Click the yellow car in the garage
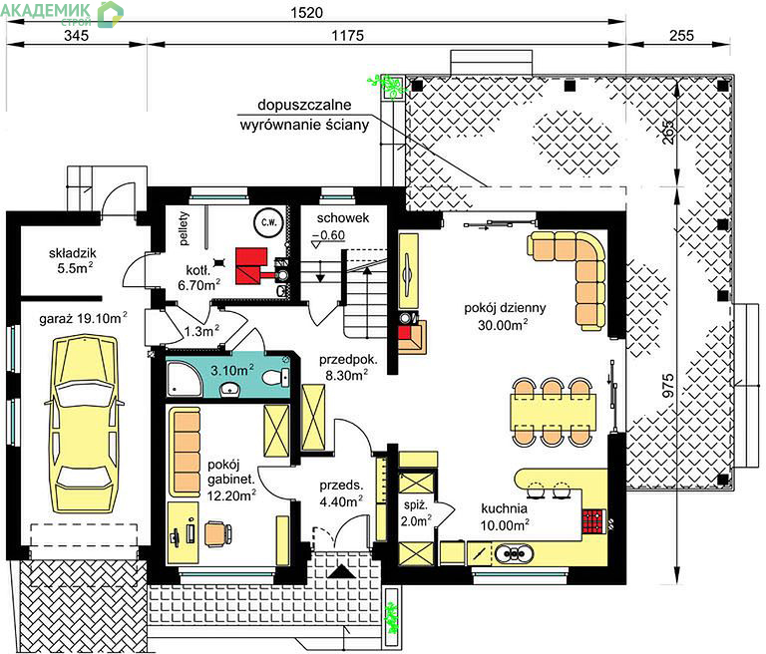pyautogui.click(x=86, y=424)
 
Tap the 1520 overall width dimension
pyautogui.click(x=306, y=12)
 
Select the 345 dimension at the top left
pyautogui.click(x=76, y=36)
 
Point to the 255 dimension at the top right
pyautogui.click(x=681, y=36)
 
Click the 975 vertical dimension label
pyautogui.click(x=668, y=385)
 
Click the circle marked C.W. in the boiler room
pyautogui.click(x=268, y=222)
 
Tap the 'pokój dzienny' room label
pyautogui.click(x=505, y=308)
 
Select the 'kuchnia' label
pyautogui.click(x=504, y=508)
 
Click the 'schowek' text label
pyautogui.click(x=342, y=218)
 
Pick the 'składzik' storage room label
pyautogui.click(x=72, y=253)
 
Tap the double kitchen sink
pyautogui.click(x=514, y=554)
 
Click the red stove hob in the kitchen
pyautogui.click(x=593, y=521)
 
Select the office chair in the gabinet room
pyautogui.click(x=217, y=533)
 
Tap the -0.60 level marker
pyautogui.click(x=329, y=235)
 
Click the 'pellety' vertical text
pyautogui.click(x=184, y=228)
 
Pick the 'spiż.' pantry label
pyautogui.click(x=416, y=506)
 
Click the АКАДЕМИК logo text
pyautogui.click(x=46, y=10)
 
